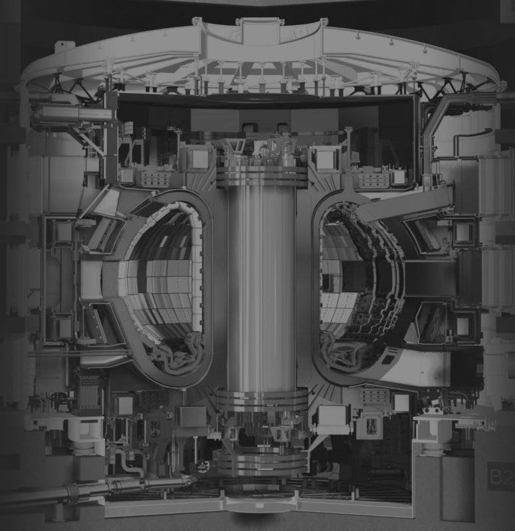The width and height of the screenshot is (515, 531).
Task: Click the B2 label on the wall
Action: tap(500, 475)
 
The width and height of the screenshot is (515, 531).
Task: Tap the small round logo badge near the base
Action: tap(203, 467)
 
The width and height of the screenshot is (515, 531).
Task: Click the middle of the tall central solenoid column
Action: tap(261, 288)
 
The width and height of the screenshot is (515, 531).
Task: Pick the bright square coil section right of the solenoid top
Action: tap(326, 159)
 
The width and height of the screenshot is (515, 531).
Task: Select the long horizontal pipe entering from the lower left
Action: tap(98, 489)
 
